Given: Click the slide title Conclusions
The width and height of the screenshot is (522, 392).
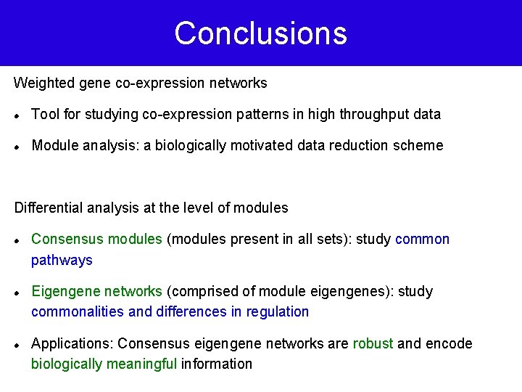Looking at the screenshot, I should pos(260,33).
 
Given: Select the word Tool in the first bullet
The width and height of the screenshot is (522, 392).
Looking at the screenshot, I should pos(45,115).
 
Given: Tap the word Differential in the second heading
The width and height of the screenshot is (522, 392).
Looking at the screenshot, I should pos(48,208).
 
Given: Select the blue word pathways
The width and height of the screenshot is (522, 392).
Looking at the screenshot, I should pos(62,261).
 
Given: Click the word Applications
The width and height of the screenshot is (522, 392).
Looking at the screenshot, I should pos(72,343).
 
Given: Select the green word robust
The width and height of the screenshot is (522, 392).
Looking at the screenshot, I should pos(373,343).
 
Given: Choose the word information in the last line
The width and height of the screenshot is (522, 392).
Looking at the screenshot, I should pos(216,364).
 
